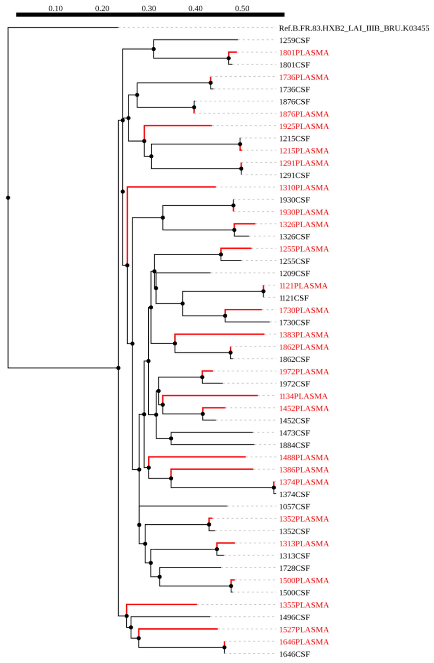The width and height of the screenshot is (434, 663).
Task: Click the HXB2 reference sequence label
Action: pyautogui.click(x=354, y=28)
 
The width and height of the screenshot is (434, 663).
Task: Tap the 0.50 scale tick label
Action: pyautogui.click(x=242, y=9)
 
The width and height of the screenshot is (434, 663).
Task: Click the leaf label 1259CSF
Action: pyautogui.click(x=294, y=41)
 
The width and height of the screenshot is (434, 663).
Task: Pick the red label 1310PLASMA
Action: pyautogui.click(x=304, y=188)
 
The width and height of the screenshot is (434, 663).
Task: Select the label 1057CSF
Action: pyautogui.click(x=294, y=506)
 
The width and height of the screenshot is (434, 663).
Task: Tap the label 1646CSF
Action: pyautogui.click(x=294, y=654)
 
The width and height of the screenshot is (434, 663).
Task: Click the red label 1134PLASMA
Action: pyautogui.click(x=303, y=396)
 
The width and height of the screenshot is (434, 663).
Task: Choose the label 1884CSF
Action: pyautogui.click(x=294, y=445)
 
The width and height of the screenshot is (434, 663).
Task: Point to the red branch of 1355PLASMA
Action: pyautogui.click(x=162, y=604)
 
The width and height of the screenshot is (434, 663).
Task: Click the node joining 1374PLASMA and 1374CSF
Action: pyautogui.click(x=274, y=487)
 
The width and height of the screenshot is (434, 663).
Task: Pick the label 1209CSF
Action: pyautogui.click(x=294, y=273)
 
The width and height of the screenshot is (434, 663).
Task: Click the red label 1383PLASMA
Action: pyautogui.click(x=304, y=335)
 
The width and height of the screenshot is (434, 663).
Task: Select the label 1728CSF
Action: pyautogui.click(x=294, y=568)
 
